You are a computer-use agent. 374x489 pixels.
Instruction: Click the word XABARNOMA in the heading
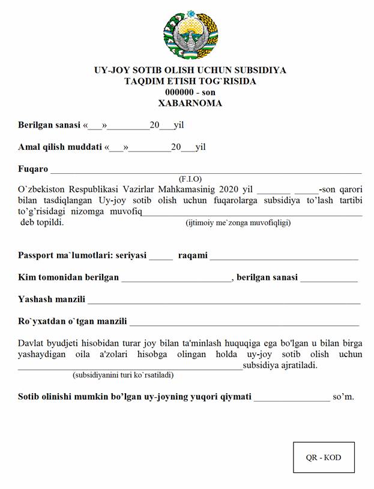point(190,103)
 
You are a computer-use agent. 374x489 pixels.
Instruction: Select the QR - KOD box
point(324,457)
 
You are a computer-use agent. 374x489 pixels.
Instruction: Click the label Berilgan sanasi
point(49,125)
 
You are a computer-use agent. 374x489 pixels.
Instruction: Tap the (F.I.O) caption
point(190,179)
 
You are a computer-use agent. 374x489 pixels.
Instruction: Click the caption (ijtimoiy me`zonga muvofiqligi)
point(238,223)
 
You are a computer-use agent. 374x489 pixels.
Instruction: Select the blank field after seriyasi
point(161,256)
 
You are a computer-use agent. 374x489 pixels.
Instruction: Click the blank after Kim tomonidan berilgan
point(176,278)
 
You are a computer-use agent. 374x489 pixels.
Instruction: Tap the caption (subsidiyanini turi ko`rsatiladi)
point(123,375)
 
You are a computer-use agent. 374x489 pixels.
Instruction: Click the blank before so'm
point(292,397)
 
